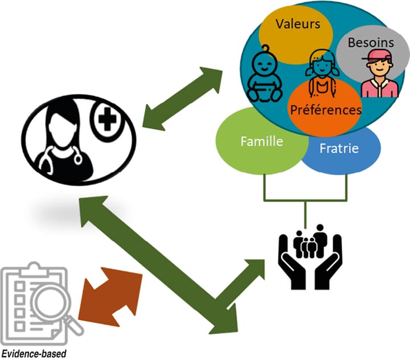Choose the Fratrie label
pos(339,149)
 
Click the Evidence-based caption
pos(34,353)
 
